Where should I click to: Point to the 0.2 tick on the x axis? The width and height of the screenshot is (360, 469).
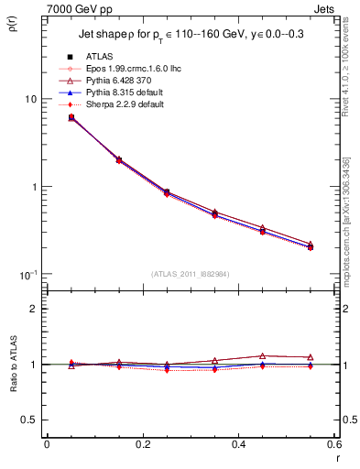click(x=142, y=443)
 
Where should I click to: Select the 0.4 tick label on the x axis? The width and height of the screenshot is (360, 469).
click(x=237, y=443)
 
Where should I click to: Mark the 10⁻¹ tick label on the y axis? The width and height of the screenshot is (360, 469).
click(x=27, y=274)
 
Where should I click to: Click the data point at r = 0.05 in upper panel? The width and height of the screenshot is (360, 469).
click(x=71, y=117)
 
